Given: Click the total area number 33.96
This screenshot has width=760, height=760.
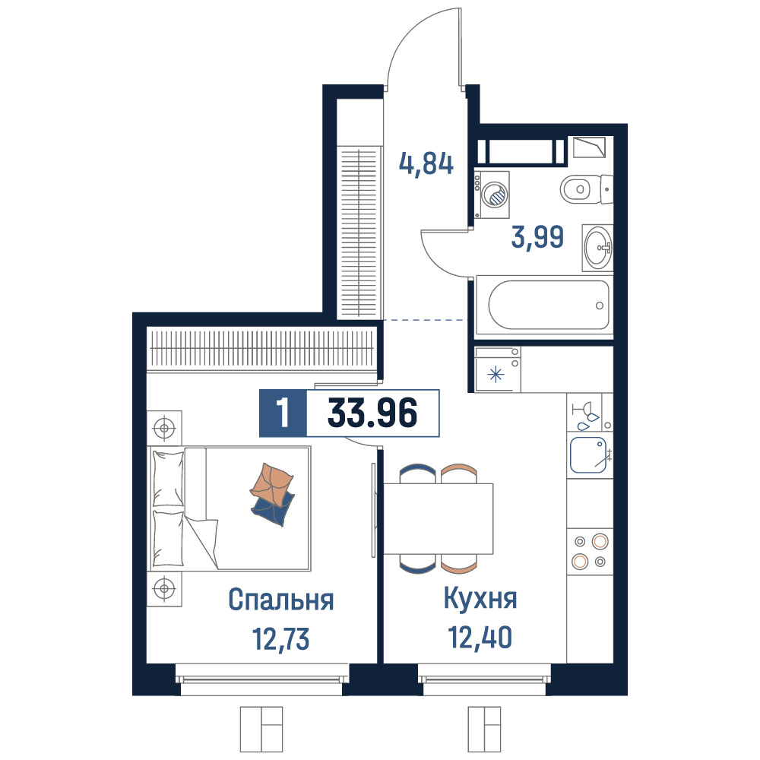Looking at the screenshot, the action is tap(372, 413).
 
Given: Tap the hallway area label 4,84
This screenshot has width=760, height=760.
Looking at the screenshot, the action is tap(426, 164).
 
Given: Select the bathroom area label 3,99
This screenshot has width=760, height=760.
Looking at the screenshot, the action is tap(537, 237).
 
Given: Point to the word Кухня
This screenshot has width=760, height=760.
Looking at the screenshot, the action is tap(480, 599).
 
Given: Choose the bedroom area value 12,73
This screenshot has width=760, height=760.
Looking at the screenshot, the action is tap(280, 639).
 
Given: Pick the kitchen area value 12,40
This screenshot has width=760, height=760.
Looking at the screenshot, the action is tap(480, 638).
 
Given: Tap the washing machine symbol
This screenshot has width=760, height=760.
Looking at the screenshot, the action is tap(492, 195).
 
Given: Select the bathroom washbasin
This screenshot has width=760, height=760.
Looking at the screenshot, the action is tap(597, 248).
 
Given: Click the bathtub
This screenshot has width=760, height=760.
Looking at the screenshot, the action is tap(545, 306).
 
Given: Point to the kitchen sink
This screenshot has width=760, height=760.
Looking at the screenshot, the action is tap(590, 455).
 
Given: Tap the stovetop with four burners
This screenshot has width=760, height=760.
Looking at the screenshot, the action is tap(590, 551).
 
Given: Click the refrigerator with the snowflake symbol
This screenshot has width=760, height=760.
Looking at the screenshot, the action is tap(497, 369).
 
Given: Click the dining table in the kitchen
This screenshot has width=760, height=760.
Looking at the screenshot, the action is tap(439, 518).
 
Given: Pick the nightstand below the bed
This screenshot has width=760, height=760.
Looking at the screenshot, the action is tap(164, 588).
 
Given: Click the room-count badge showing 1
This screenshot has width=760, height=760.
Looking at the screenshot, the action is tap(283, 413).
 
